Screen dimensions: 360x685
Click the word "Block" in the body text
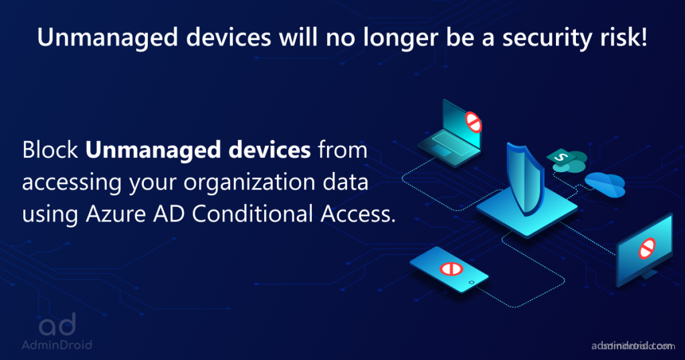[x=51, y=150]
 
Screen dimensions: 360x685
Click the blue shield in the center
[x=523, y=173]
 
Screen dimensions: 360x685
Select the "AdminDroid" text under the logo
[x=56, y=345]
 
